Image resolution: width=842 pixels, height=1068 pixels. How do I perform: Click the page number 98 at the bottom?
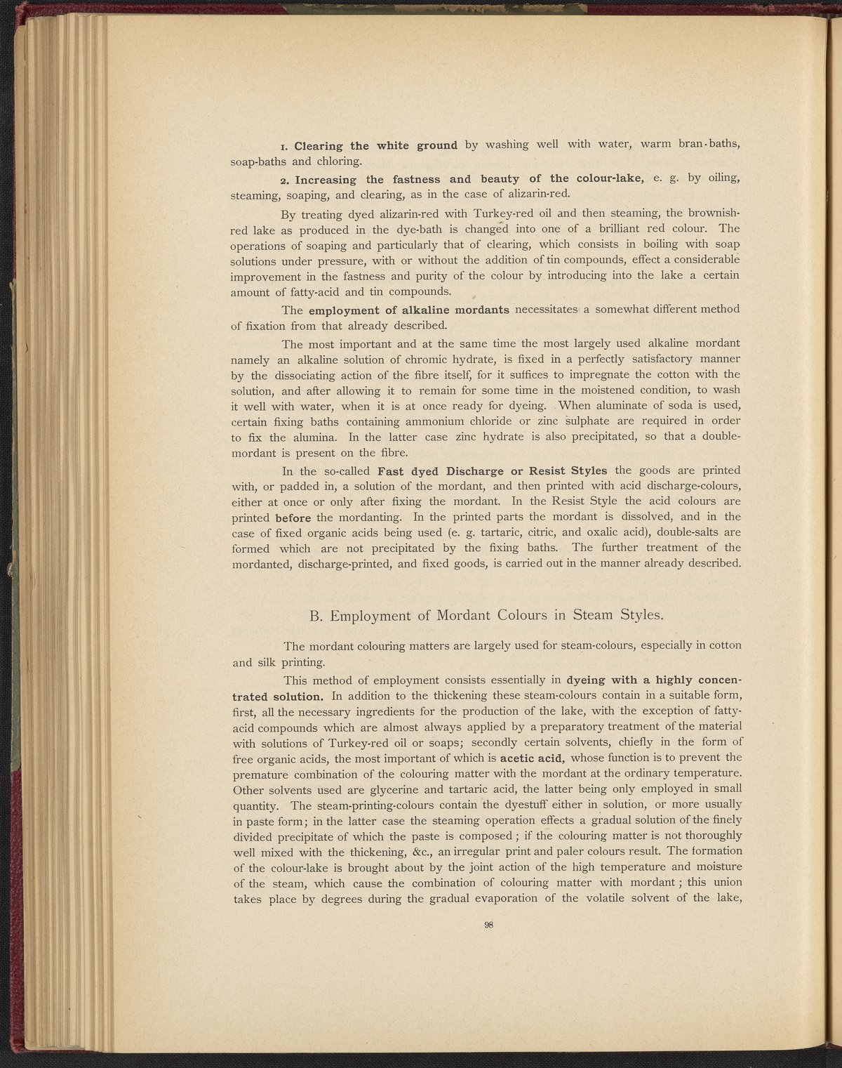click(490, 925)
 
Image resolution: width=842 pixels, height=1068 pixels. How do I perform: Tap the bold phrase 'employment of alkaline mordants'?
click(409, 310)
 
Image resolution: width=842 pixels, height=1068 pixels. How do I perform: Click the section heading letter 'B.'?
click(316, 616)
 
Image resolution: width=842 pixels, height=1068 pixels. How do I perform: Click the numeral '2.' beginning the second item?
click(283, 180)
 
